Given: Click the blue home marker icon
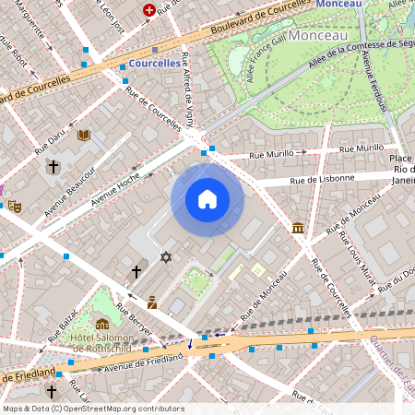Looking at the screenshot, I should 207,199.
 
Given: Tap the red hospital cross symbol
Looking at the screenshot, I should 149,9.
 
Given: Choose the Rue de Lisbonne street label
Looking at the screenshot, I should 322,177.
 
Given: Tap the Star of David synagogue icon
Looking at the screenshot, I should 166,256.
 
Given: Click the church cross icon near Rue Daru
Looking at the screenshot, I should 53,167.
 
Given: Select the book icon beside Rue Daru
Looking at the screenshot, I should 84,135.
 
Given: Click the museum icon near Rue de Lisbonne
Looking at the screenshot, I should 297,228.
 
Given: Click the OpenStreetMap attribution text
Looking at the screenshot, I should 92,408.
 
